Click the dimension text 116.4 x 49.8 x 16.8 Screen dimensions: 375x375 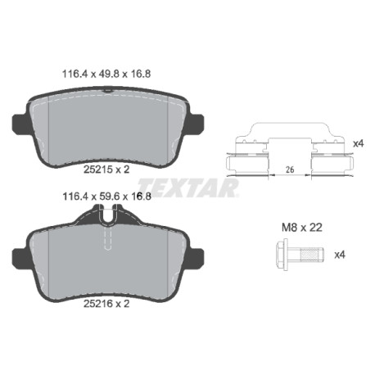coord(106,74)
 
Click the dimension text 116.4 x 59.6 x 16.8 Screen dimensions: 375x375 coord(106,197)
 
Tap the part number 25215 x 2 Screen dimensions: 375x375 coord(106,169)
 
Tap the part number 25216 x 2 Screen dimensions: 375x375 coord(106,303)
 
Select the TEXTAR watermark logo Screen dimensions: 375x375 coord(188,187)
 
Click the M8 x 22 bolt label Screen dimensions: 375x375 coord(302,227)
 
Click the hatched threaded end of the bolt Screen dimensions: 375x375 coord(312,255)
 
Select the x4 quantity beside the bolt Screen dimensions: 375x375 coord(340,255)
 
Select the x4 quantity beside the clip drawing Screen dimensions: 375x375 coord(359,143)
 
